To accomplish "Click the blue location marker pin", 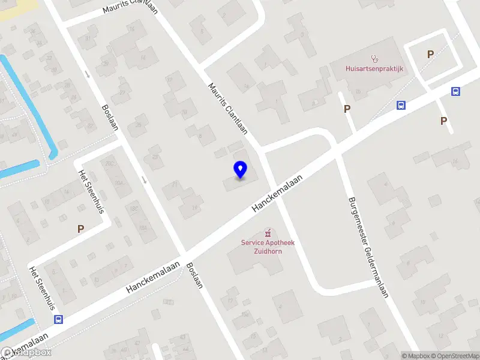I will pos(240,169).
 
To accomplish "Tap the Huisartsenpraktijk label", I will pos(374,68).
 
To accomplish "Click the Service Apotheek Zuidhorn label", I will pos(268,247).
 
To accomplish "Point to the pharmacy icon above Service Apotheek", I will pos(268,233).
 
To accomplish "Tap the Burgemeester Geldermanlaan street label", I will pos(367,248).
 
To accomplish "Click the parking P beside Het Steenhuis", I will pos(80,229).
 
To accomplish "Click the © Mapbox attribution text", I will pos(415,356).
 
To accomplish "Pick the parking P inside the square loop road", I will pos(430,54).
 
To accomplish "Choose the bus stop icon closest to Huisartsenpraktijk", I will pos(401,105).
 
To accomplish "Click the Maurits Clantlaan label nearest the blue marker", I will pos(228,109).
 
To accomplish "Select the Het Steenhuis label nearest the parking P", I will pos(92,191).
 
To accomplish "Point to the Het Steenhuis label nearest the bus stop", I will pos(39,286).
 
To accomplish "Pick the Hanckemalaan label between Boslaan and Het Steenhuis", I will pos(154,276).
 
